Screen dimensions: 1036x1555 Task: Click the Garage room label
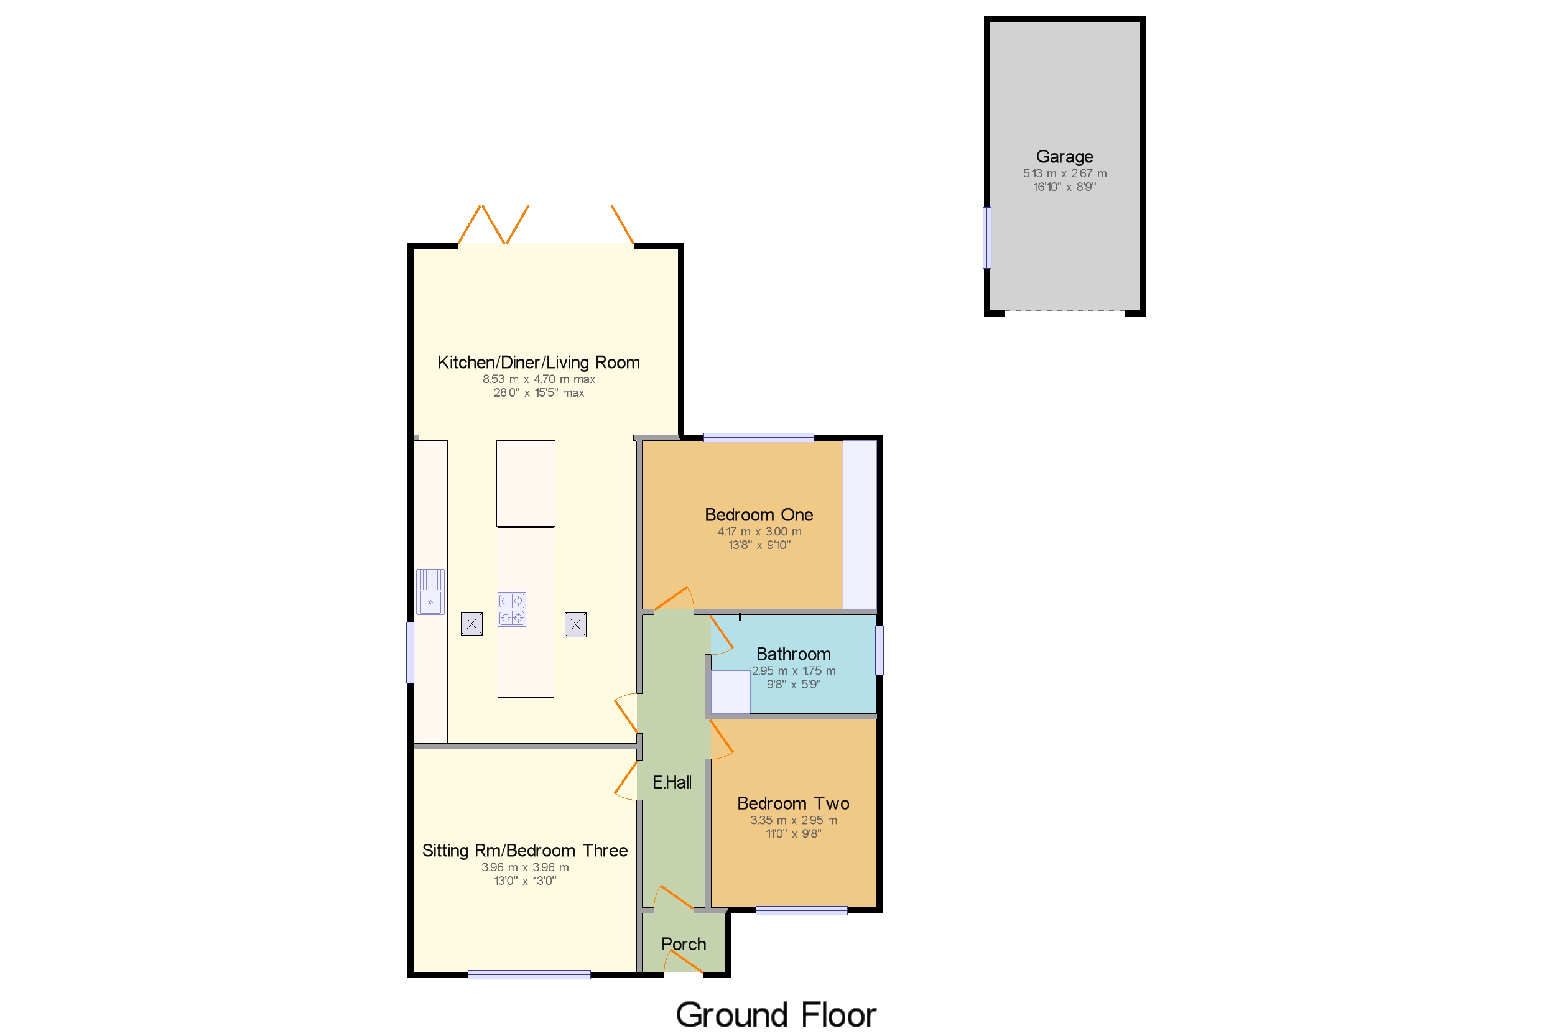(x=1064, y=157)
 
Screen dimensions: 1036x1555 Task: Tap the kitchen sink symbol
(x=430, y=592)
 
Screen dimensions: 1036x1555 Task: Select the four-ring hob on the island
(x=512, y=609)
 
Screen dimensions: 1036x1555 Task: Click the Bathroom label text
(x=793, y=654)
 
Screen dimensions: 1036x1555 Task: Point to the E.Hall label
(x=671, y=782)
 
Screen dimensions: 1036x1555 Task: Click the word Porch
(x=684, y=944)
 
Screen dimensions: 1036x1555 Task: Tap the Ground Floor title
(x=775, y=1015)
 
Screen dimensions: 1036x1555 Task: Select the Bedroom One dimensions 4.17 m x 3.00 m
(x=759, y=532)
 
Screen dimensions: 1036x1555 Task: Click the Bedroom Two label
(x=793, y=803)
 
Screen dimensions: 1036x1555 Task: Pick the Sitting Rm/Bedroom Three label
(x=525, y=850)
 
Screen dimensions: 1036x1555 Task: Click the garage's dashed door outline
(x=1064, y=302)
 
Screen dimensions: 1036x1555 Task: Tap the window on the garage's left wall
(x=986, y=238)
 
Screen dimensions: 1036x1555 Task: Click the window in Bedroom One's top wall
(x=759, y=437)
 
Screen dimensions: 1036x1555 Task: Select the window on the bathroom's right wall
(x=879, y=650)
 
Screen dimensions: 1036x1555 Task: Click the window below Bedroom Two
(x=801, y=911)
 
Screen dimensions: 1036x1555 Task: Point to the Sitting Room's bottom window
(x=529, y=974)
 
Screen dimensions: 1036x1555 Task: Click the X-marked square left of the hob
(x=471, y=624)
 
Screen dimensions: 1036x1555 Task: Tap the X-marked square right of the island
(x=575, y=624)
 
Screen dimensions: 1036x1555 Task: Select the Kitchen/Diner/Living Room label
(x=539, y=362)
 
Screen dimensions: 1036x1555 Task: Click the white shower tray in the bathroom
(x=730, y=691)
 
